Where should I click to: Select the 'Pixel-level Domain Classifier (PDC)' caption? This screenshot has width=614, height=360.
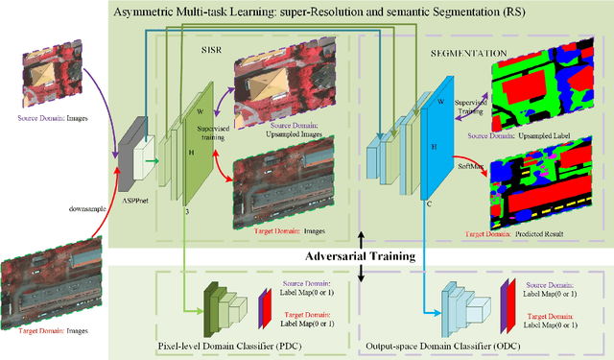point(225,344)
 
